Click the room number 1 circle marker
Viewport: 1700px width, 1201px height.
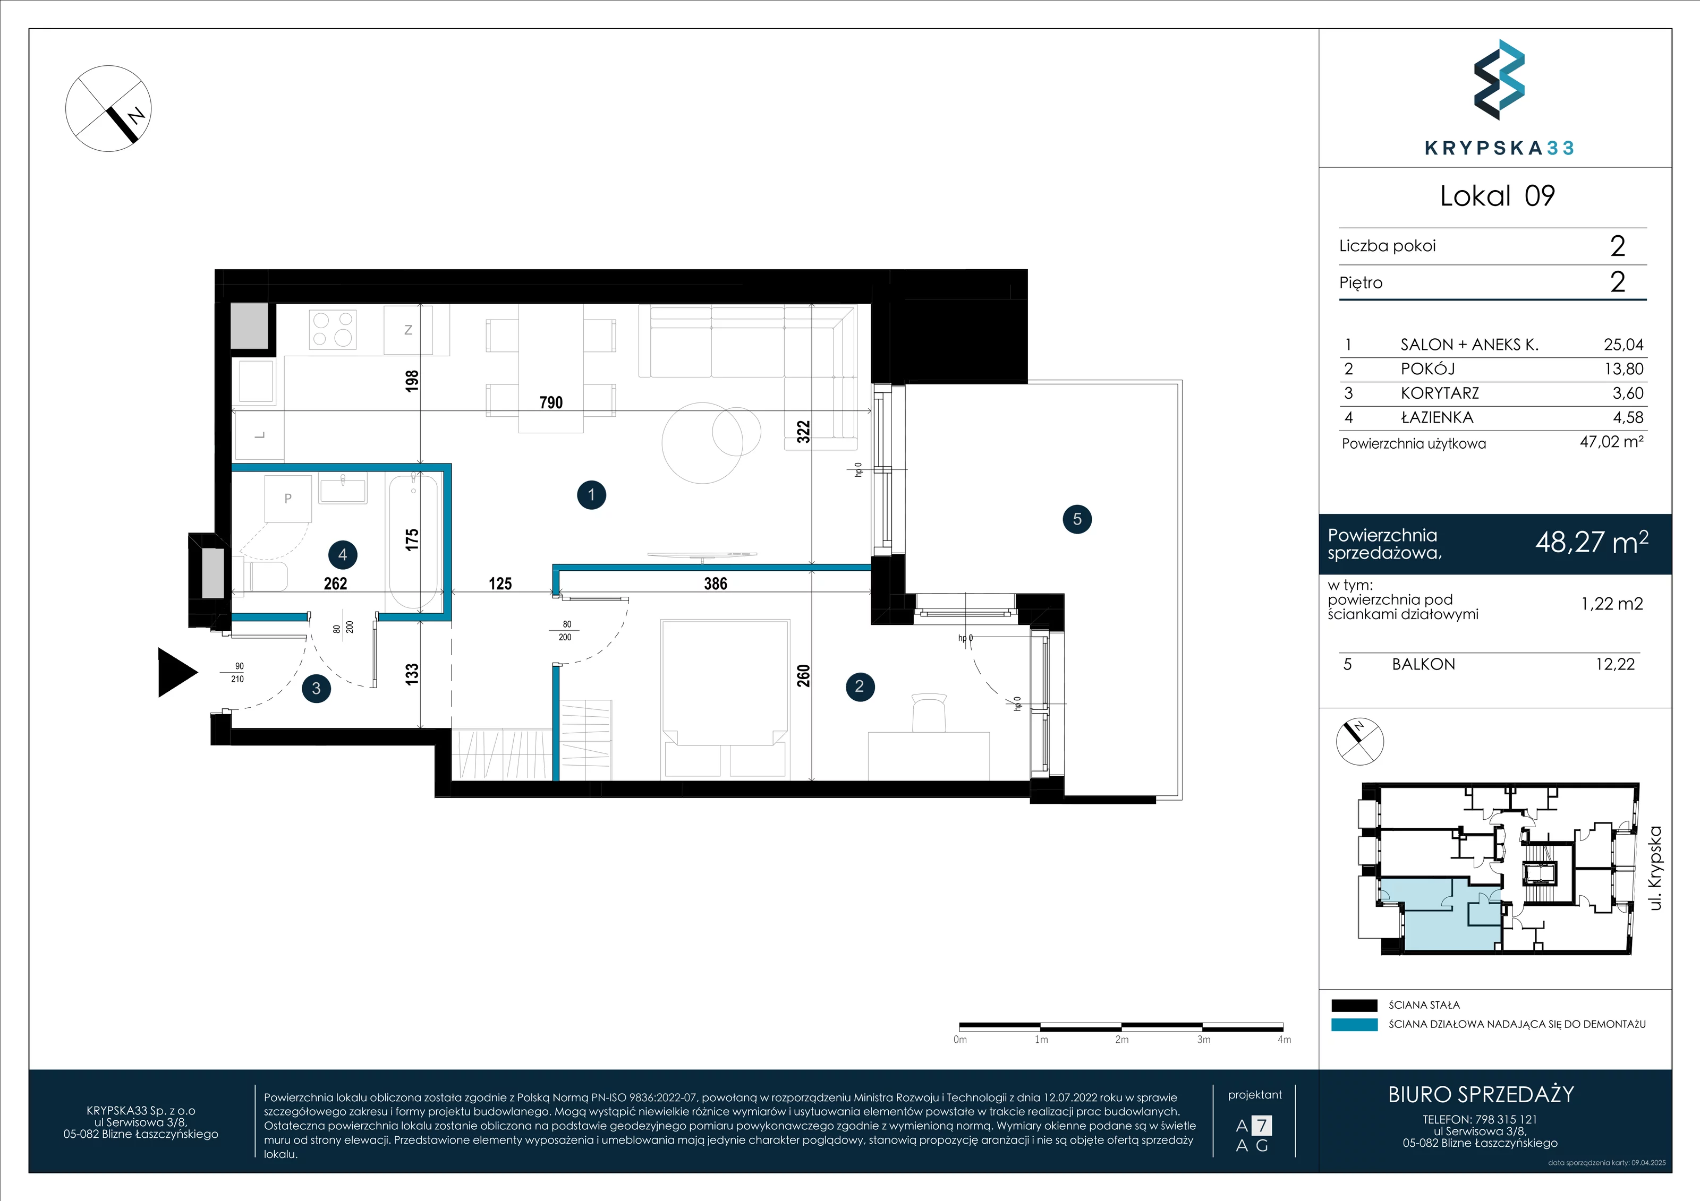coord(591,495)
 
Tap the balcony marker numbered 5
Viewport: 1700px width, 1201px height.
coord(1076,519)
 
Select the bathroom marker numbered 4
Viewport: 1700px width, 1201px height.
coord(342,554)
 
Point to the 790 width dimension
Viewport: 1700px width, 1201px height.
coord(551,402)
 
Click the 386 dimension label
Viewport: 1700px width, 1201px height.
coord(715,584)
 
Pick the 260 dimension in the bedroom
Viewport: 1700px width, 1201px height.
coord(803,675)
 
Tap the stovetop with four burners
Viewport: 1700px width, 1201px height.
coord(333,329)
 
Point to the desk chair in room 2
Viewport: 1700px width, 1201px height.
coord(929,712)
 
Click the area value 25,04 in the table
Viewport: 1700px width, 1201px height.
coord(1623,344)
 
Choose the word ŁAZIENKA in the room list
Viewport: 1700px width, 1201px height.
coord(1436,417)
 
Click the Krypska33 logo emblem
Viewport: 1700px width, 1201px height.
coord(1499,80)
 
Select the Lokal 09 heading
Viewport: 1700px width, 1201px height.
coord(1497,196)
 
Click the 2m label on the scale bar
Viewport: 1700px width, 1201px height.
coord(1121,1040)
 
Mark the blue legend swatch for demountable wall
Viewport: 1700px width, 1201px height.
coord(1354,1025)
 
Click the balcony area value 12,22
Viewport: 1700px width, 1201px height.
coord(1615,665)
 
